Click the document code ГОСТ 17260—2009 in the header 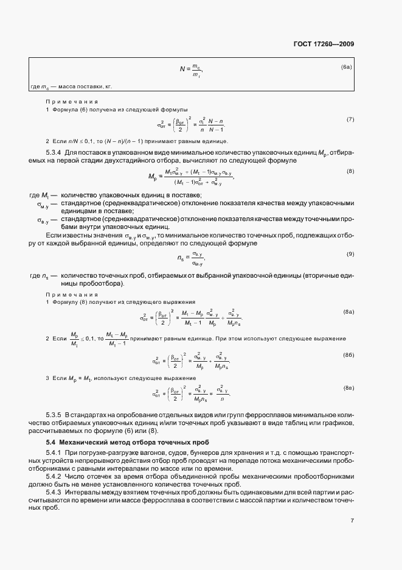pyautogui.click(x=324, y=44)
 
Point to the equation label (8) pyautogui.click(x=350, y=171)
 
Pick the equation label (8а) pyautogui.click(x=348, y=311)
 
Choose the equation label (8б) pyautogui.click(x=348, y=354)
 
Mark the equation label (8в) pyautogui.click(x=348, y=387)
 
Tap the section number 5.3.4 pyautogui.click(x=54, y=151)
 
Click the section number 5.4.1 pyautogui.click(x=54, y=453)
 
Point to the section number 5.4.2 pyautogui.click(x=54, y=472)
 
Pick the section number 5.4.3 pyautogui.click(x=54, y=491)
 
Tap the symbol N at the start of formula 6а pyautogui.click(x=181, y=69)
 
